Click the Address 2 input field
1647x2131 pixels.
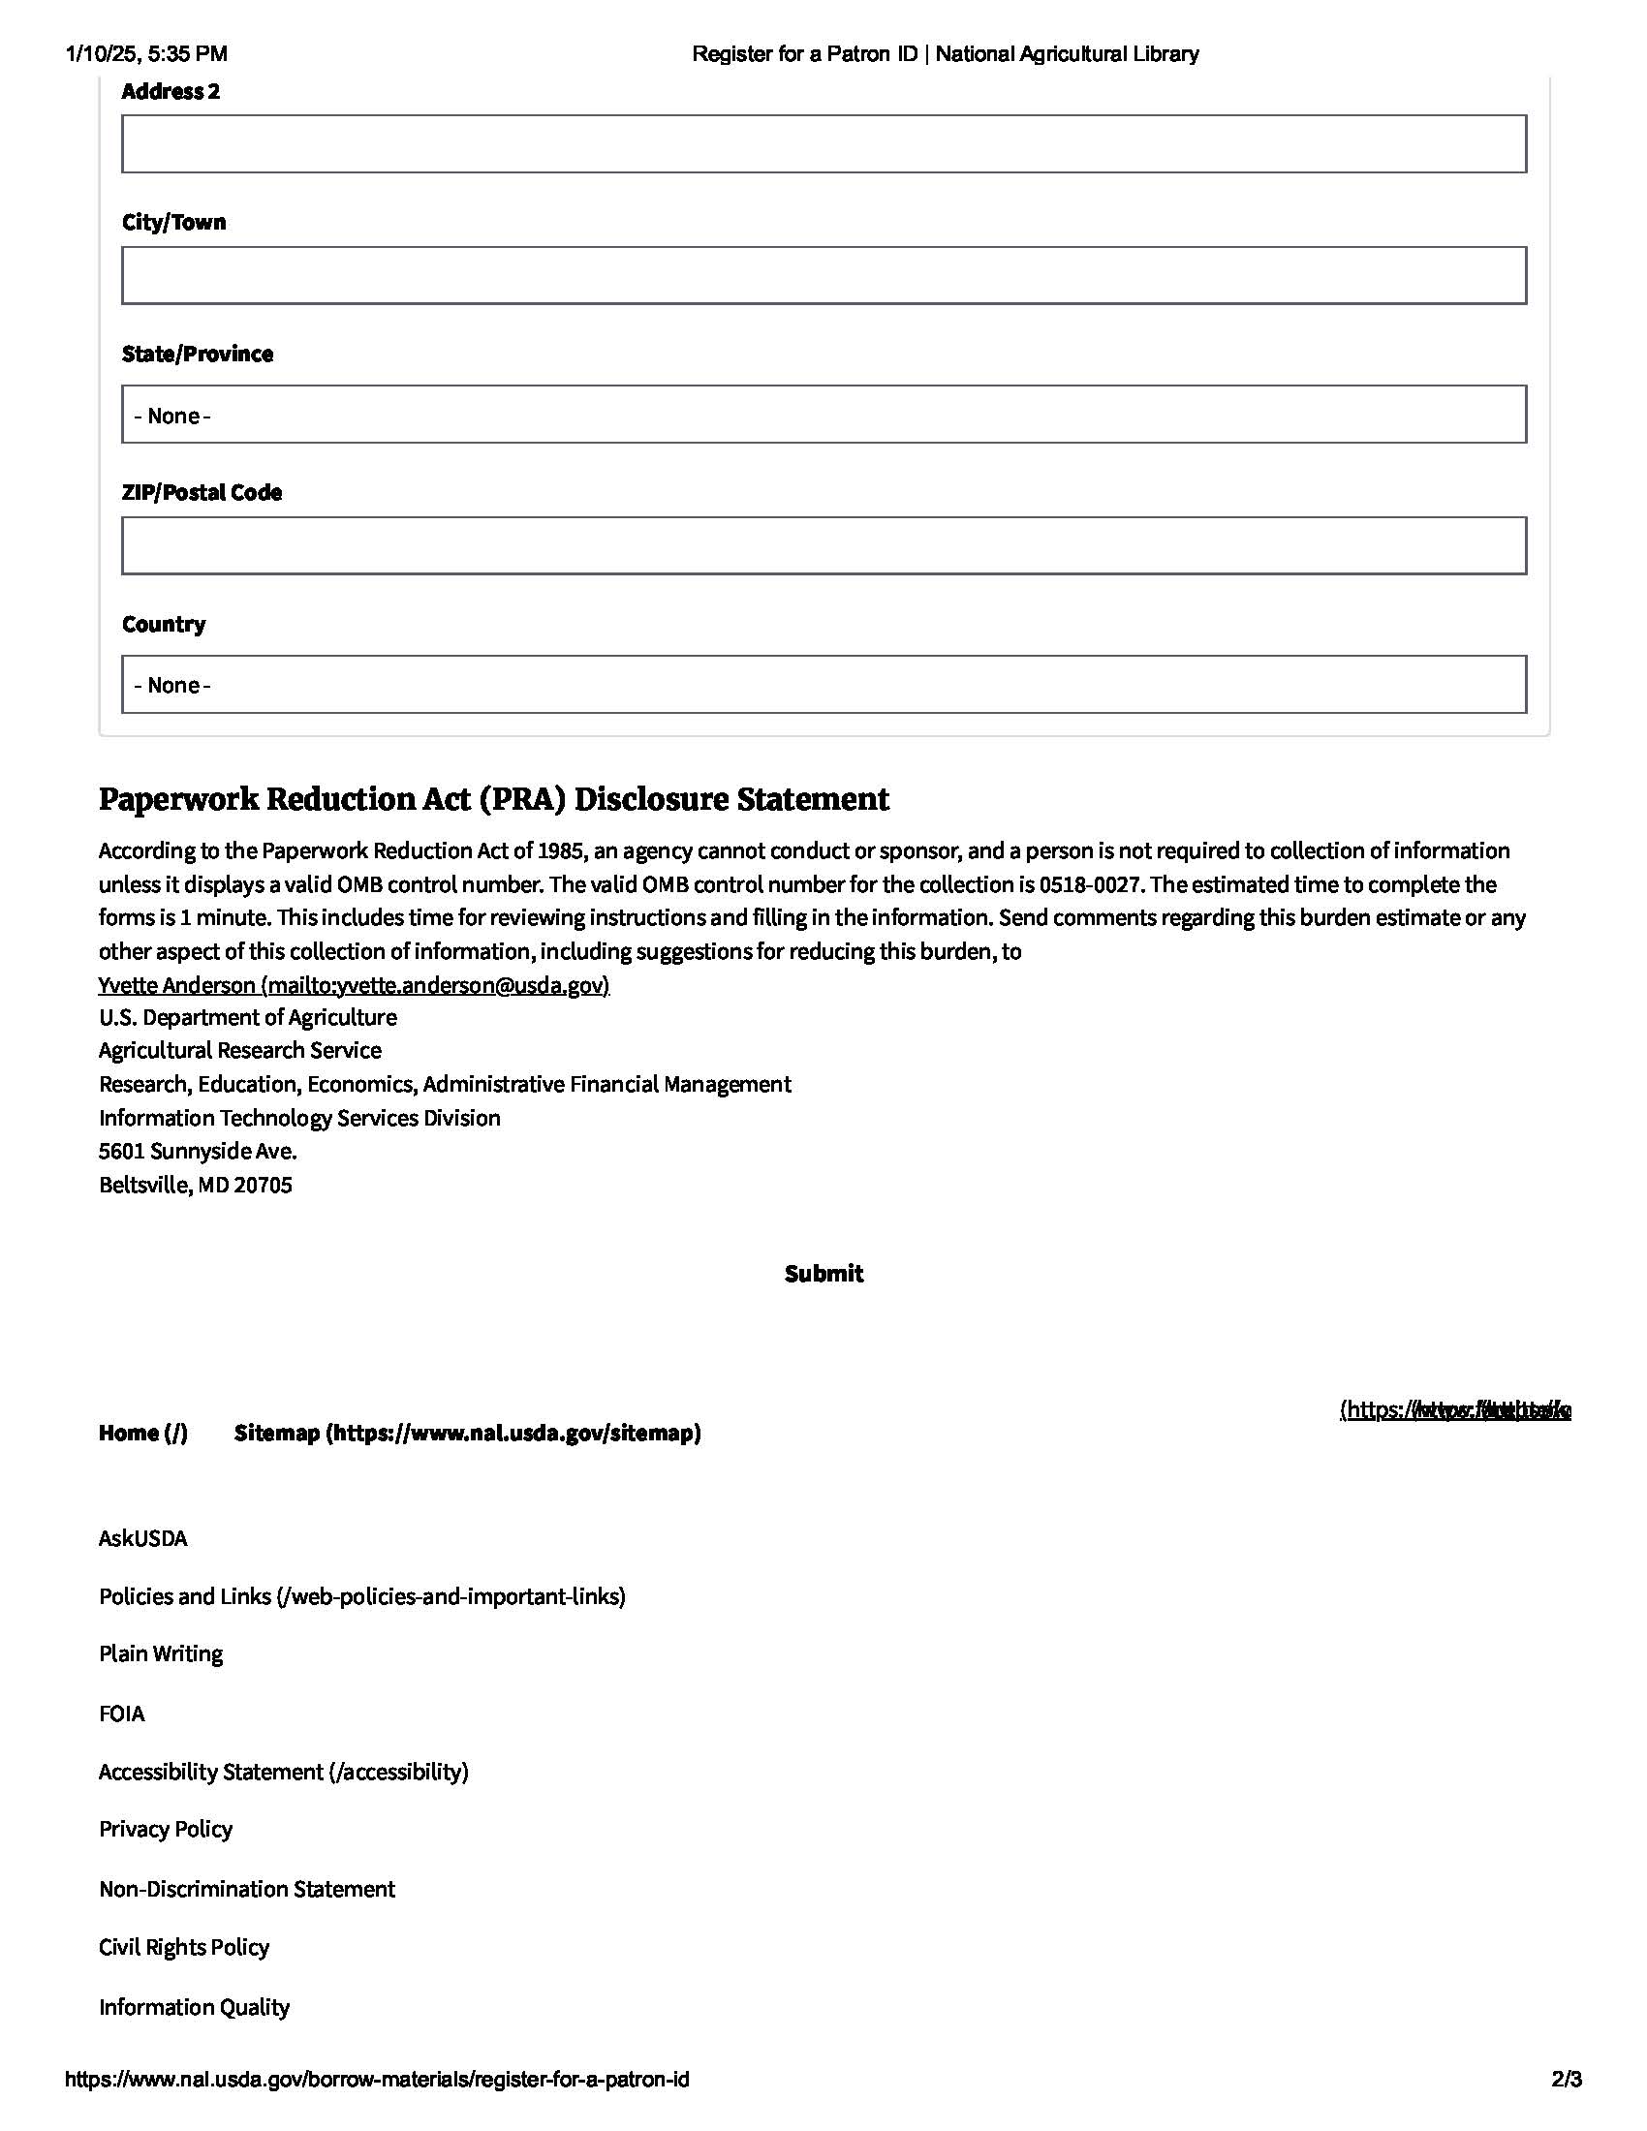[823, 144]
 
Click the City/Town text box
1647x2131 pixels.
[823, 275]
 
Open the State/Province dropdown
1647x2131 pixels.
[823, 415]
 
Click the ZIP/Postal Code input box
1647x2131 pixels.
[823, 545]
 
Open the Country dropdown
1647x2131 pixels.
[823, 684]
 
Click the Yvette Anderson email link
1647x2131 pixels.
[354, 984]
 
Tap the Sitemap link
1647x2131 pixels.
[467, 1433]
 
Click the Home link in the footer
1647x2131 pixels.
[142, 1433]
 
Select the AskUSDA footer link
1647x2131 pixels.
[142, 1539]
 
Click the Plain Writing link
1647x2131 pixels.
[160, 1653]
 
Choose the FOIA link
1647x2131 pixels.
[121, 1714]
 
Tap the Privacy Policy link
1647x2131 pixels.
[165, 1830]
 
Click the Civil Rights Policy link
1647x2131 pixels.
[183, 1948]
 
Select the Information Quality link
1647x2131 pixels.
[193, 2007]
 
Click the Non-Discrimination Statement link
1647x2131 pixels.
[246, 1889]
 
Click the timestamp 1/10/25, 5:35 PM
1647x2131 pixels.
[146, 54]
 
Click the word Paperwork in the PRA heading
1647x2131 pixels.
[177, 799]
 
